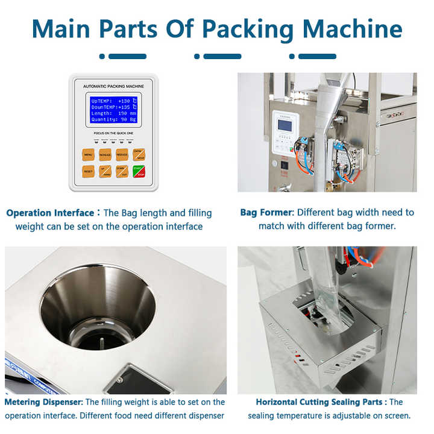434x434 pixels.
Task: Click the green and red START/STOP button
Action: (x=139, y=172)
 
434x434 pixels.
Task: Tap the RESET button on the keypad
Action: (x=88, y=172)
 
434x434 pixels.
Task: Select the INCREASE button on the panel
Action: (x=105, y=154)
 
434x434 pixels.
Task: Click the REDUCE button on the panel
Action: (x=122, y=154)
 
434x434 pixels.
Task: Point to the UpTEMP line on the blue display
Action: (x=113, y=100)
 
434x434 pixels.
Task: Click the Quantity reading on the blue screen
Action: (x=113, y=119)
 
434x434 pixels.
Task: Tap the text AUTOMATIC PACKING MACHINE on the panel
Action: (x=113, y=87)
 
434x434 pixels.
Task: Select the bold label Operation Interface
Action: (x=50, y=213)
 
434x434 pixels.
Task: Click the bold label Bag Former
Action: (x=266, y=213)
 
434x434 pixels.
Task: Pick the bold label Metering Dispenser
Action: (x=43, y=402)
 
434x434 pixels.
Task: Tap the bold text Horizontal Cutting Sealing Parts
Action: (x=320, y=402)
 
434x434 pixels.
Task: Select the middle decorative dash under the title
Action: (x=218, y=57)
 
